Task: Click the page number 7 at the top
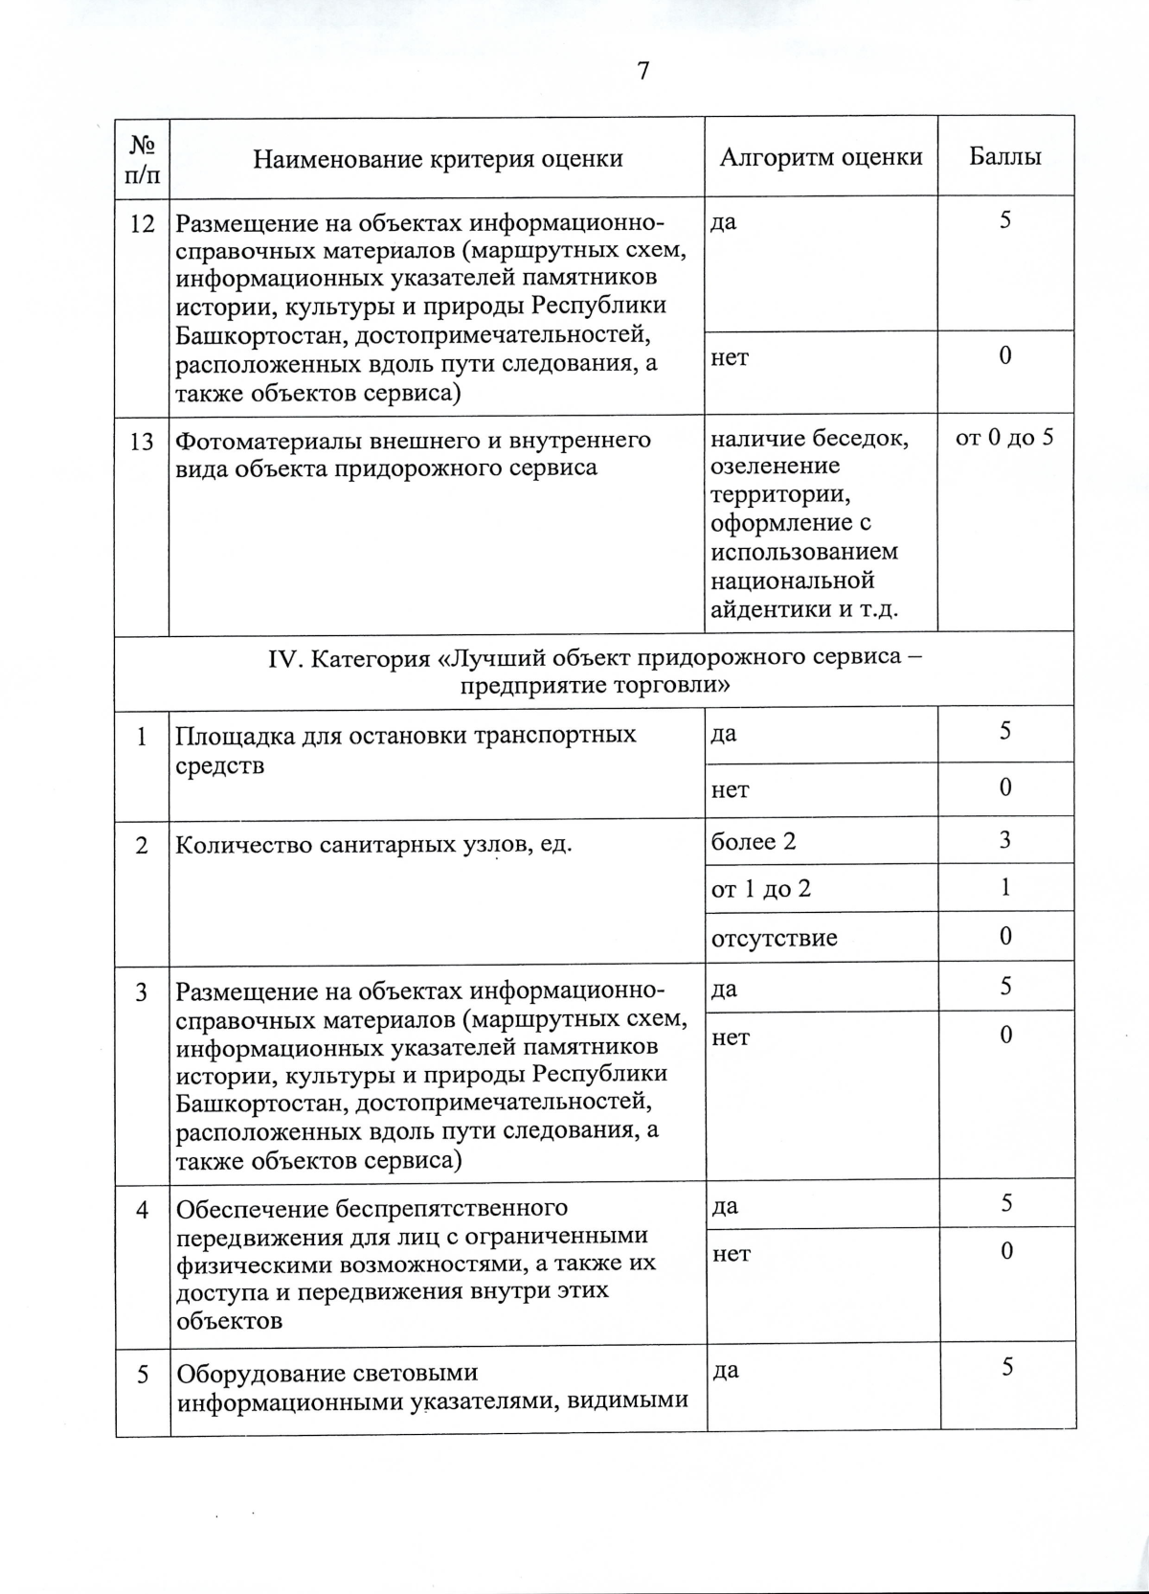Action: (642, 71)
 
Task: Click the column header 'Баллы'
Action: (1004, 157)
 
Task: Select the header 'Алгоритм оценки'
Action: (821, 157)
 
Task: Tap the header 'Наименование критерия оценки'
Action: (438, 159)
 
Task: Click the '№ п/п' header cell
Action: (142, 159)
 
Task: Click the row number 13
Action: (142, 441)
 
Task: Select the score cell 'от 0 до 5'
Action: (1004, 439)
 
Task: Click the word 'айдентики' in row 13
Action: (763, 609)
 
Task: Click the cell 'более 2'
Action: (754, 842)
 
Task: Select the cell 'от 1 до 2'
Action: (760, 889)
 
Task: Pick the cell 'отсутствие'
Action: (774, 938)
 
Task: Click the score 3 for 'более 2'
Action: (1005, 840)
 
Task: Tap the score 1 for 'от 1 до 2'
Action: (1005, 888)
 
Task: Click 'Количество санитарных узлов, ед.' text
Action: (373, 845)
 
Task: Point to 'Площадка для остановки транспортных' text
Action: (406, 736)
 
